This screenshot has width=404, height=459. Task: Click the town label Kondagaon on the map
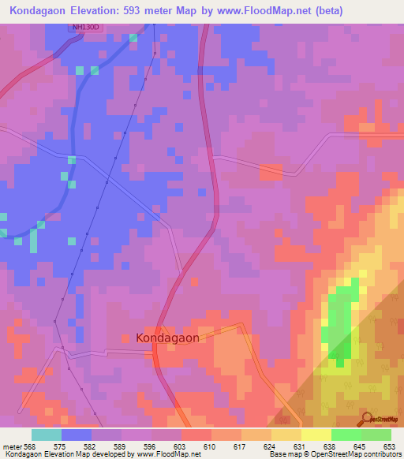tap(167, 338)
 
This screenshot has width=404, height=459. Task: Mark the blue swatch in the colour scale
tap(77, 435)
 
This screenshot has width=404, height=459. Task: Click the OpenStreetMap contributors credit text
tap(353, 454)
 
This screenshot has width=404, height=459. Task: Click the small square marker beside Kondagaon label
tap(125, 338)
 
